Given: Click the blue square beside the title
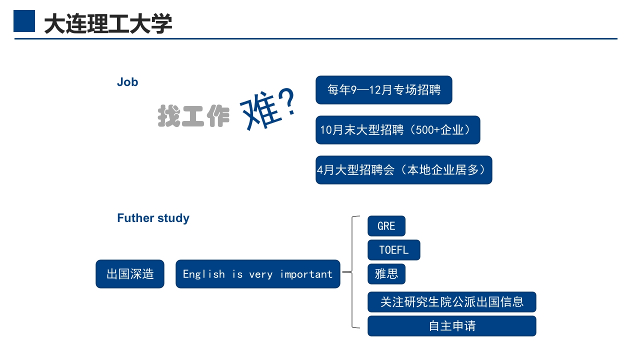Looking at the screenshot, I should [x=24, y=21].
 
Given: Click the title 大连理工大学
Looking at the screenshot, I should [x=108, y=23].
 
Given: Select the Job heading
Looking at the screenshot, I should [x=127, y=82].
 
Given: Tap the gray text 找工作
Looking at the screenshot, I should [x=193, y=116].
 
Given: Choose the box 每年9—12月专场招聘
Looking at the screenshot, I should [x=383, y=90].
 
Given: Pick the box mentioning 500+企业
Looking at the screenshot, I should [x=397, y=130].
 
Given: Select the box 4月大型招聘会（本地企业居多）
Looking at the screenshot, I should [x=403, y=170].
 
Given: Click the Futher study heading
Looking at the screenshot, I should [x=153, y=218].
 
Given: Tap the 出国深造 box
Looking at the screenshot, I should [x=130, y=274].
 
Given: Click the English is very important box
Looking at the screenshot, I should [x=257, y=274].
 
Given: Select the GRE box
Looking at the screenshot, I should [x=386, y=226].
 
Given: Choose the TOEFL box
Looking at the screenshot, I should [x=393, y=250].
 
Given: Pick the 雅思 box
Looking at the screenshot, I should [x=386, y=274].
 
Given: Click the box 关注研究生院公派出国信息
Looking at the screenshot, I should [x=451, y=302].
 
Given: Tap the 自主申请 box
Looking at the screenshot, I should [x=451, y=326].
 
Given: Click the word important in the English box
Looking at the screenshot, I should [x=306, y=274].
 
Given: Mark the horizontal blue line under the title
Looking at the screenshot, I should [x=315, y=38].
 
